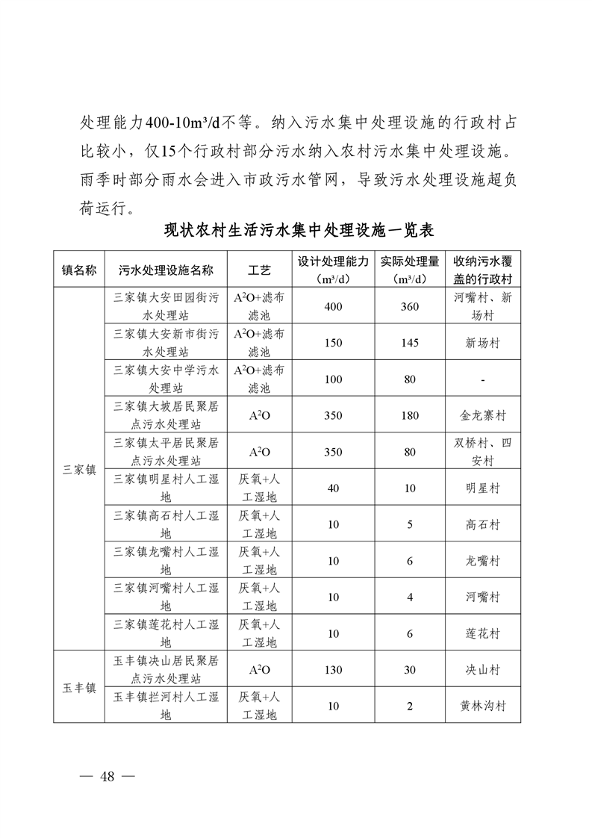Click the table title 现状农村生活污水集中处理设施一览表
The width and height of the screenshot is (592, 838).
pos(299,229)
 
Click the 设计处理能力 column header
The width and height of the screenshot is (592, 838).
pos(334,262)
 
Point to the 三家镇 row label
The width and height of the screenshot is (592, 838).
pos(78,470)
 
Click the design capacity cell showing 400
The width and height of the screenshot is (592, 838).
pos(334,307)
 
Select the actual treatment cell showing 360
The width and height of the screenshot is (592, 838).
pos(410,307)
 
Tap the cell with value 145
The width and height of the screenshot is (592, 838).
pos(410,343)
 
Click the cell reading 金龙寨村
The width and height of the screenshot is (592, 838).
pos(483,415)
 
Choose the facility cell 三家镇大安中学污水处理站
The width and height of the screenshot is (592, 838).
pos(166,379)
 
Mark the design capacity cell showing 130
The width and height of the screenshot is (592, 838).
pos(334,670)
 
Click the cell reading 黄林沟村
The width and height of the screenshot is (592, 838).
pos(483,706)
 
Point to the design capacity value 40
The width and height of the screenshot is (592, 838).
pos(334,488)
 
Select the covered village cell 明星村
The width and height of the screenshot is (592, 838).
pos(483,488)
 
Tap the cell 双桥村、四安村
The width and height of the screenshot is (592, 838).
pos(483,452)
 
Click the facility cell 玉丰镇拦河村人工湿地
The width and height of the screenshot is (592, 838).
pos(166,706)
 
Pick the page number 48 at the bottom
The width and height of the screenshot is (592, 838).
pos(107,776)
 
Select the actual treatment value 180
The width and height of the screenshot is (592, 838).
pos(410,415)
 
